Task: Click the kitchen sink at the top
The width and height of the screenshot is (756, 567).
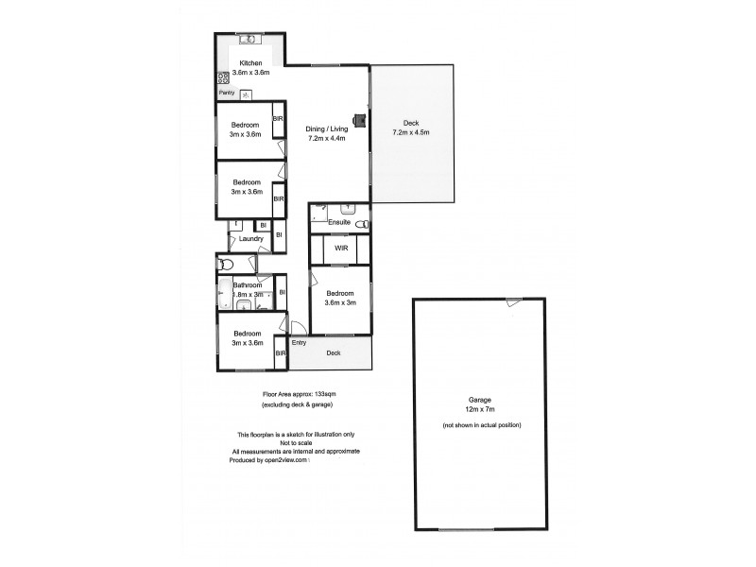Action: click(x=249, y=40)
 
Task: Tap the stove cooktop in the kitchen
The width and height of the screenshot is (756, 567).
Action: click(x=223, y=78)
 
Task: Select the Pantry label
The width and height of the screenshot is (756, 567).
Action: click(x=227, y=94)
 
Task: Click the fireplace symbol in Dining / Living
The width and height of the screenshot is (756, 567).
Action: click(x=359, y=120)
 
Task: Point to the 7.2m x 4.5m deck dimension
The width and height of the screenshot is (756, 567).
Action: click(x=411, y=132)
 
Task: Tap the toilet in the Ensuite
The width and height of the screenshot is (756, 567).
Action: click(x=360, y=223)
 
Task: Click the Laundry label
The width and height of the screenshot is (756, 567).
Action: click(x=250, y=239)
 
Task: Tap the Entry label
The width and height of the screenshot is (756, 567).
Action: click(x=299, y=342)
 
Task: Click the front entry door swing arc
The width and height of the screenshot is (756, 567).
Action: click(x=295, y=328)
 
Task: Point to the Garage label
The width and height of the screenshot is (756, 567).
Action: click(x=479, y=400)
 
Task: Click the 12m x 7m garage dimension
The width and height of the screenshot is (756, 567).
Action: click(x=479, y=409)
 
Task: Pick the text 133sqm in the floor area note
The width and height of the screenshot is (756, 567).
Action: click(x=323, y=393)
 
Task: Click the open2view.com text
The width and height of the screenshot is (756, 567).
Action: click(x=288, y=459)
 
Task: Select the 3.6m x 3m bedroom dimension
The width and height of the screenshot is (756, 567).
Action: click(x=340, y=302)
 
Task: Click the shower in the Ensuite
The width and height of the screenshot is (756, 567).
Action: click(x=318, y=214)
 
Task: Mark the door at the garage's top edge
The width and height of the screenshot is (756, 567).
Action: click(x=511, y=302)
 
